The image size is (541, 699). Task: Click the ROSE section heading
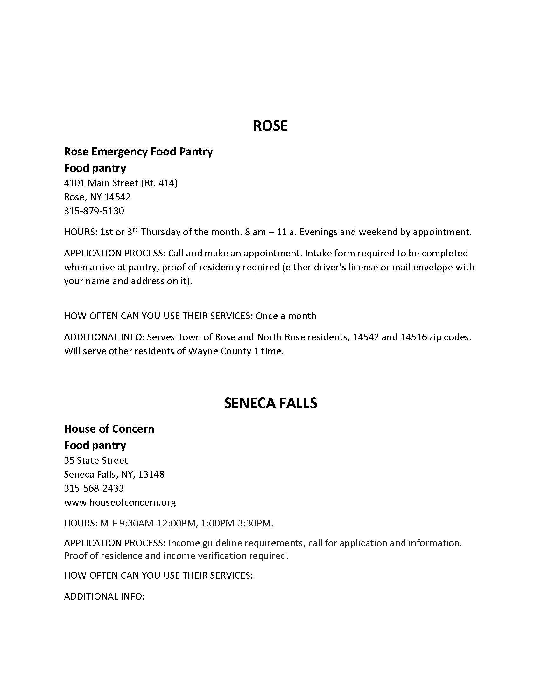tap(270, 126)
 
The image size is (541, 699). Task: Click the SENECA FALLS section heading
tap(270, 403)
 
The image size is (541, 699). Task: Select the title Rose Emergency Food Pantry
tap(138, 151)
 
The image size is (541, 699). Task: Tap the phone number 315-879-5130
tap(94, 211)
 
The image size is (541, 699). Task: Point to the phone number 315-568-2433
tap(94, 488)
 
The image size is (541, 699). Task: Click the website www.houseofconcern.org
tap(120, 502)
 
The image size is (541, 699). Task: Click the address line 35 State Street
tap(96, 460)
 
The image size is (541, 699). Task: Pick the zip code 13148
tap(151, 474)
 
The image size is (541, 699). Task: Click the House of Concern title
tap(109, 429)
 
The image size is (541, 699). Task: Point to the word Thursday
tap(161, 232)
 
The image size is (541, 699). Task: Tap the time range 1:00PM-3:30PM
tap(237, 523)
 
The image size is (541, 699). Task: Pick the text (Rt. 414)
tap(159, 183)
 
